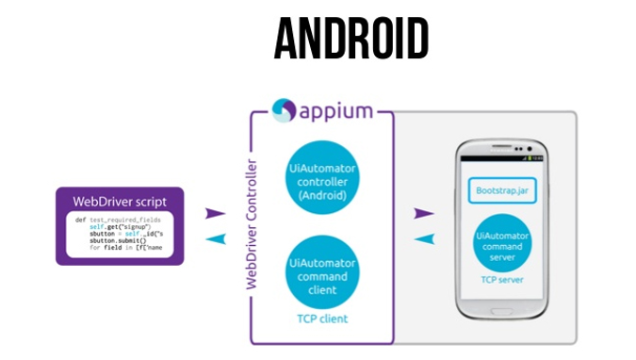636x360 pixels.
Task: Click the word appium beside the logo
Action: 336,112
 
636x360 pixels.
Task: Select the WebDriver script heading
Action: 119,202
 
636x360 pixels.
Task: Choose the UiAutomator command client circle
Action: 320,270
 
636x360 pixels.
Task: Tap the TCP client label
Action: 320,319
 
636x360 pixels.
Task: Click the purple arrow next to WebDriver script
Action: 216,214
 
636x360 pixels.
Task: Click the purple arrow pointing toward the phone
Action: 423,214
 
